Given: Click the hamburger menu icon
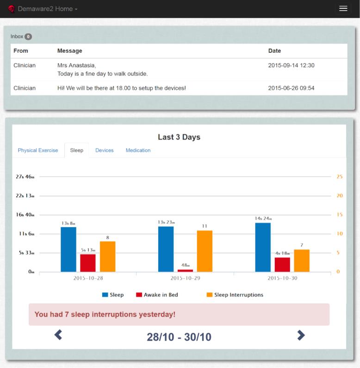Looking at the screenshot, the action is pyautogui.click(x=343, y=8).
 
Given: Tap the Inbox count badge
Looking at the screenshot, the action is pyautogui.click(x=28, y=37).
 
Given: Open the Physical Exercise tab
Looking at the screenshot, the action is pyautogui.click(x=38, y=150).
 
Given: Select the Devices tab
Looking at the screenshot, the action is pyautogui.click(x=105, y=150).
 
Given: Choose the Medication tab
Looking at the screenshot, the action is pyautogui.click(x=138, y=150).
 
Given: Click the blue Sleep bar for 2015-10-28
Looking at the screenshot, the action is pyautogui.click(x=68, y=249).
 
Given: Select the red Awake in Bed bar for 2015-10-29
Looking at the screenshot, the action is pyautogui.click(x=185, y=271).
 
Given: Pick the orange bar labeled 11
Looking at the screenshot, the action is pyautogui.click(x=205, y=251).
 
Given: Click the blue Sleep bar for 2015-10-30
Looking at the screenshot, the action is pyautogui.click(x=263, y=247).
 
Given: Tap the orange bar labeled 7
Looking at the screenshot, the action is pyautogui.click(x=302, y=261).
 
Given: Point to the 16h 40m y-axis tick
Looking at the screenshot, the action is pyautogui.click(x=25, y=214).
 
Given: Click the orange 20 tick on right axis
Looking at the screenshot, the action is pyautogui.click(x=340, y=195).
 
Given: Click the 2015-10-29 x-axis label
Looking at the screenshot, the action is pyautogui.click(x=185, y=278).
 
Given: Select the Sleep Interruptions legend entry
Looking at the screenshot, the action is pyautogui.click(x=235, y=295).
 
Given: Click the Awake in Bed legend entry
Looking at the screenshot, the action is pyautogui.click(x=157, y=295).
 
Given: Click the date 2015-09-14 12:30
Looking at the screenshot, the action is pyautogui.click(x=291, y=65).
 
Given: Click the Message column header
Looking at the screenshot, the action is pyautogui.click(x=70, y=51).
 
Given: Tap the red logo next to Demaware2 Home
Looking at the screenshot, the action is pyautogui.click(x=11, y=9).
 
